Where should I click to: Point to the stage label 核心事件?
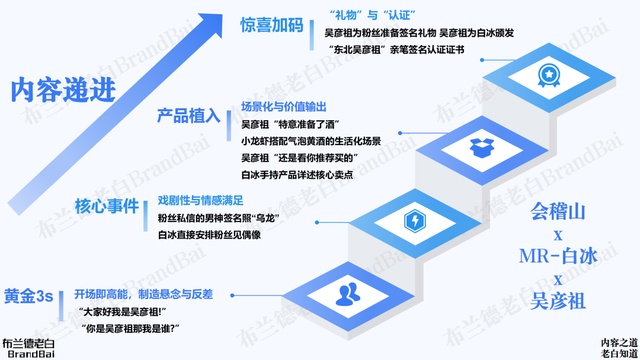[x=106, y=207]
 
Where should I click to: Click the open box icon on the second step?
[x=483, y=147]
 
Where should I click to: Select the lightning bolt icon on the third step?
[x=414, y=220]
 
